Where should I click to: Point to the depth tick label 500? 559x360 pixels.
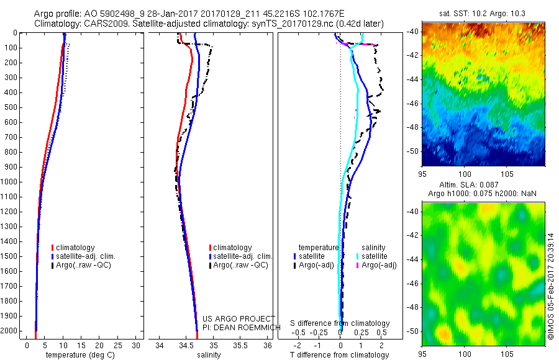pyautogui.click(x=11, y=107)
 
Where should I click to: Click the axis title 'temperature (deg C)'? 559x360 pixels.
pyautogui.click(x=78, y=355)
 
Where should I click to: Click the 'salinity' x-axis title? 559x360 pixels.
pyautogui.click(x=208, y=355)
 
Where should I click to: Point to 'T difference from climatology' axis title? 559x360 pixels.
pyautogui.click(x=340, y=355)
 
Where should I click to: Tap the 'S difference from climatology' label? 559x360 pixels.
pyautogui.click(x=340, y=324)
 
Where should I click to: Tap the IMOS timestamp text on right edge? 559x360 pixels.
pyautogui.click(x=551, y=286)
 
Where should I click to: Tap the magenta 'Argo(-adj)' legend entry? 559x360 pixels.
pyautogui.click(x=378, y=265)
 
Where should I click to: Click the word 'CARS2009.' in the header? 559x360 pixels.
pyautogui.click(x=102, y=24)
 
